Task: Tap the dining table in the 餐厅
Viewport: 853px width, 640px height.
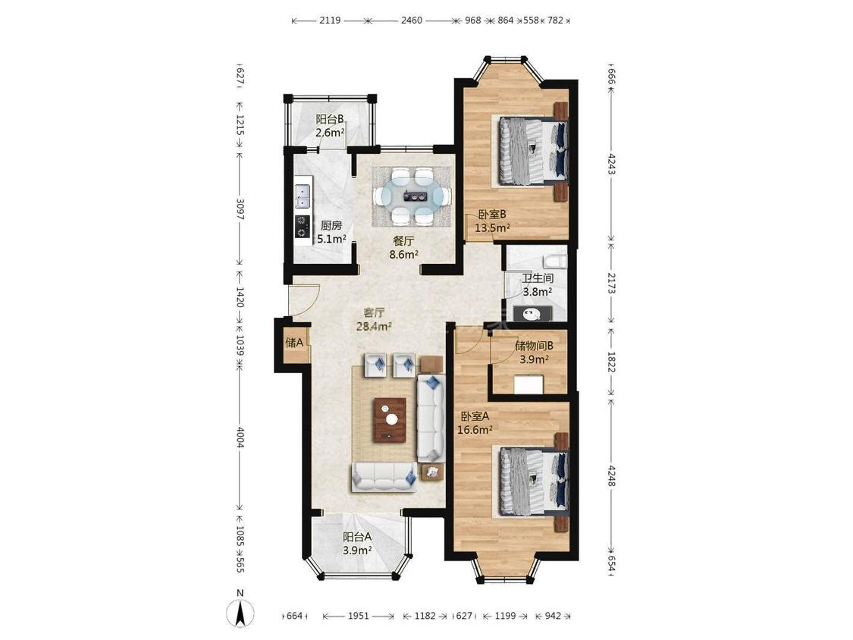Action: coord(412,196)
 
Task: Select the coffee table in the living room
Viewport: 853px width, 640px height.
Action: coord(390,419)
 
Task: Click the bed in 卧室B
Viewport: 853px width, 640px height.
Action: coord(532,152)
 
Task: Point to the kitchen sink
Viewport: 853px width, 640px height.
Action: coord(303,196)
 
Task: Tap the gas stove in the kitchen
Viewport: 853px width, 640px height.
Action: coord(303,226)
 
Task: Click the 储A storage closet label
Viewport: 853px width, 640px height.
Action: coord(294,343)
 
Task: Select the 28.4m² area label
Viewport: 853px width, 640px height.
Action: coord(375,327)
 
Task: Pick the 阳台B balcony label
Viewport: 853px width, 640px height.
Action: coord(330,119)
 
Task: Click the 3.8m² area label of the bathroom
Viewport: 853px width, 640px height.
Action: coord(538,292)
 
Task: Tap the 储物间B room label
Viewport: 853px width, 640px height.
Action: coord(535,346)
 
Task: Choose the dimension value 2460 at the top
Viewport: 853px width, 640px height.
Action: coord(411,20)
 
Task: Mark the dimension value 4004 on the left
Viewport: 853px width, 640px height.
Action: coord(240,438)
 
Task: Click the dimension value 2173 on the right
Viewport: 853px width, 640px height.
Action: coord(611,283)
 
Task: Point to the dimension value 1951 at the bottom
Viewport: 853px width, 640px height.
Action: coord(359,616)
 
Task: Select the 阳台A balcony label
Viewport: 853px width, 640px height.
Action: coord(357,537)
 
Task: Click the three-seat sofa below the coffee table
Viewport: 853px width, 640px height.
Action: coord(385,477)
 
